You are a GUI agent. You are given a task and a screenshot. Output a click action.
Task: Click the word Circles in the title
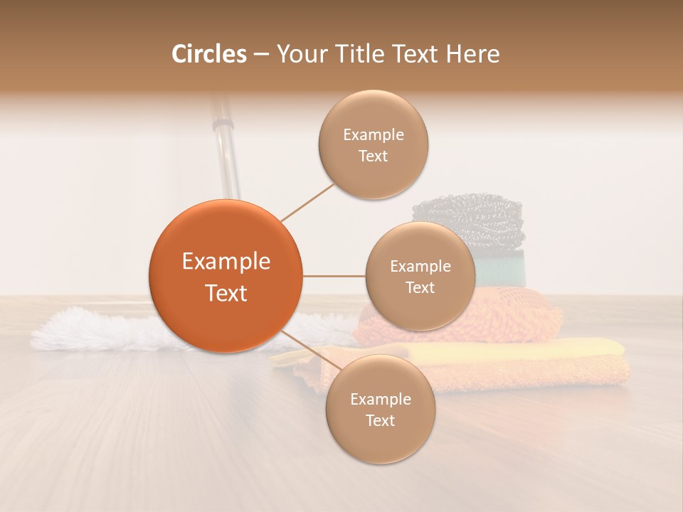(208, 54)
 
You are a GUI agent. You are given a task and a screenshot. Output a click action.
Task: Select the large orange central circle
(226, 276)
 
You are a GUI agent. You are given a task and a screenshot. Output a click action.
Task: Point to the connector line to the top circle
(307, 202)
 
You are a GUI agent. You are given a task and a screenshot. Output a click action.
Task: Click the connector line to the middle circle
(334, 275)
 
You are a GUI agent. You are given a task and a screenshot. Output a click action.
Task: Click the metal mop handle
(226, 149)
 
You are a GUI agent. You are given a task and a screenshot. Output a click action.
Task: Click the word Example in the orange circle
(226, 262)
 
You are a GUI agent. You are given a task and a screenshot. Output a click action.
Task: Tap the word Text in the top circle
(373, 156)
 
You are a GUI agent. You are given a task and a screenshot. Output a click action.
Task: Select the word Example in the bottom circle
(380, 400)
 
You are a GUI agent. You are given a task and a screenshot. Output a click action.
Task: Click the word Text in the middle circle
(420, 288)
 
